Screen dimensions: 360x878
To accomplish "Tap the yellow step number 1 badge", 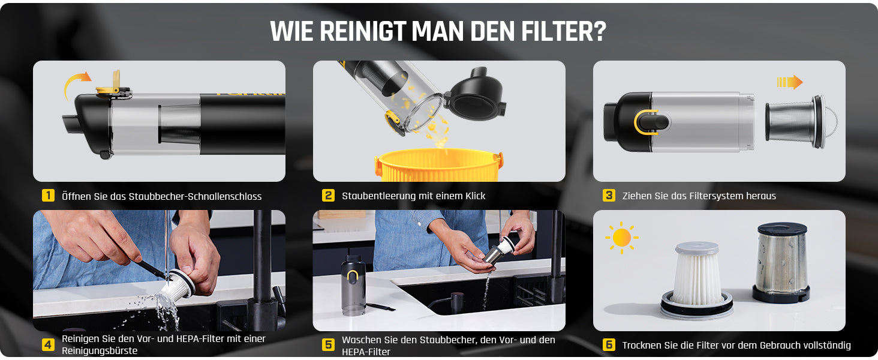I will pyautogui.click(x=48, y=196).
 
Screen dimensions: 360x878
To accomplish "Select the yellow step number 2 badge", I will pyautogui.click(x=328, y=196).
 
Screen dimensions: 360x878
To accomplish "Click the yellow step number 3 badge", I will pyautogui.click(x=609, y=196).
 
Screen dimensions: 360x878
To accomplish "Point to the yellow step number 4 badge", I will pyautogui.click(x=48, y=344).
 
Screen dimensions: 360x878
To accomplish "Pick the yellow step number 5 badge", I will pyautogui.click(x=328, y=344).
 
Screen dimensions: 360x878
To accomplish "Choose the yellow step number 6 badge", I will pyautogui.click(x=609, y=344).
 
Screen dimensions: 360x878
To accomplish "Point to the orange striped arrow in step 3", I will pyautogui.click(x=789, y=82).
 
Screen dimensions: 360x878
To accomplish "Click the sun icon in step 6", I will pyautogui.click(x=622, y=238).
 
